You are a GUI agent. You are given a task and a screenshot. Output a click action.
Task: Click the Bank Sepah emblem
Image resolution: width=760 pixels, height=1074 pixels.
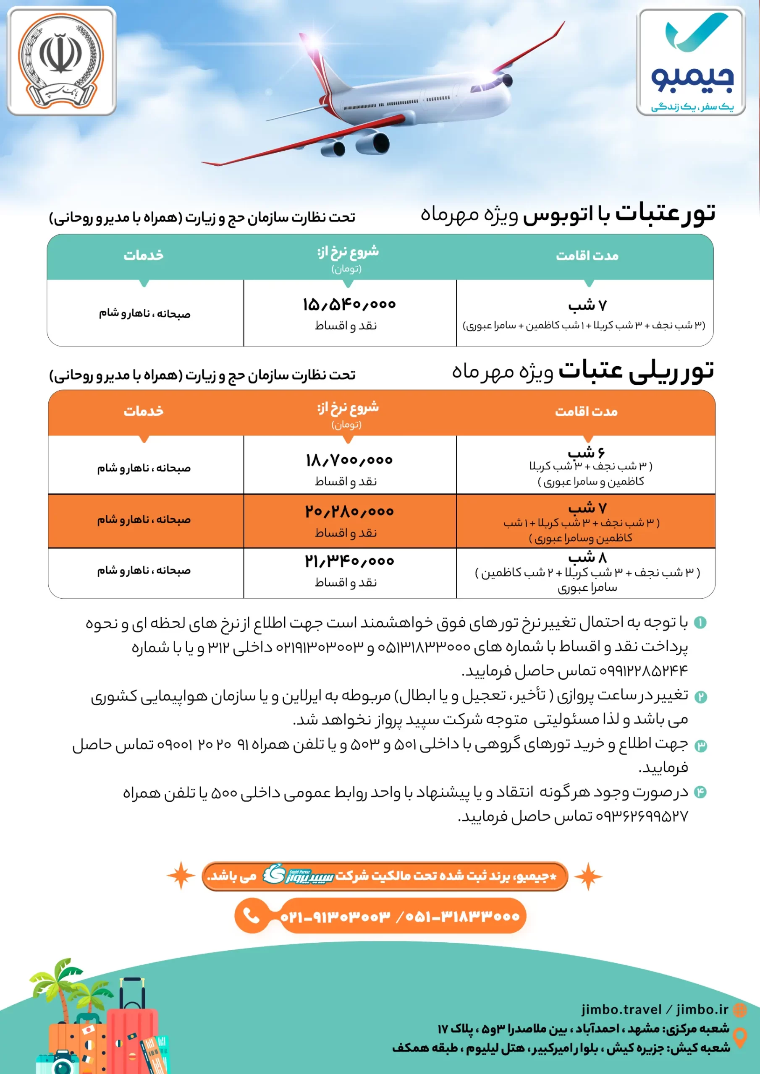coord(61,61)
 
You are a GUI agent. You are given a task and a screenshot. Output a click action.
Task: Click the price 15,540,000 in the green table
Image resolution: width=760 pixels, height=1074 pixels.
coord(349,305)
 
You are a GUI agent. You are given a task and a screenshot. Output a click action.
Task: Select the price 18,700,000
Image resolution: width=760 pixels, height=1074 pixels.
coord(349,460)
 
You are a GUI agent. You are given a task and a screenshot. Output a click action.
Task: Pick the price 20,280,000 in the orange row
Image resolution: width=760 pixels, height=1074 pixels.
coord(349,511)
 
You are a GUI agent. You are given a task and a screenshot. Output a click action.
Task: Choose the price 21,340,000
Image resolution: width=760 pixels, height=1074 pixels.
coord(349,561)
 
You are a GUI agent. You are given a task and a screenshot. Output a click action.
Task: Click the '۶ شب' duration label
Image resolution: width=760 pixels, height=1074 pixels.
coord(586,452)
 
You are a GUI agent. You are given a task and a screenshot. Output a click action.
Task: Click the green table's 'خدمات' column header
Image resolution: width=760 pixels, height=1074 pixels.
coord(144,255)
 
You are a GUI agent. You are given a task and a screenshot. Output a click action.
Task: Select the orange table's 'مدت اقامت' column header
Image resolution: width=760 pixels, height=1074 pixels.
coord(586,412)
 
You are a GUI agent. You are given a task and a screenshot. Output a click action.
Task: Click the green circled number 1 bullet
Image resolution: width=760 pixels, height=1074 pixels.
coord(700,623)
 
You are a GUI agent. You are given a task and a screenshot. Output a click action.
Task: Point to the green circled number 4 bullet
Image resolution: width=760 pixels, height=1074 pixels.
coord(700,792)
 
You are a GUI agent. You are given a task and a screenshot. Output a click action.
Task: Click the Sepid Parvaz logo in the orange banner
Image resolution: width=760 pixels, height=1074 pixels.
coord(297,875)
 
